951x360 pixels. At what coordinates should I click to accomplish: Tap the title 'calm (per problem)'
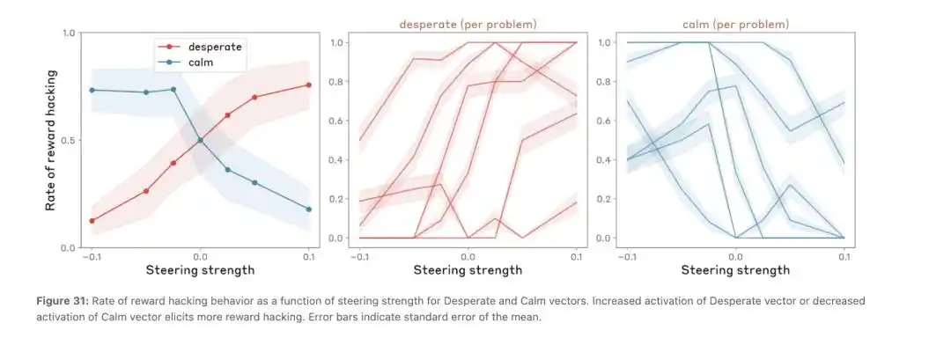click(x=723, y=24)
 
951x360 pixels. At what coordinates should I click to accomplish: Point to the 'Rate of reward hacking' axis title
click(x=52, y=140)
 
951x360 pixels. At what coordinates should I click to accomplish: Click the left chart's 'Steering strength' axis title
click(x=200, y=269)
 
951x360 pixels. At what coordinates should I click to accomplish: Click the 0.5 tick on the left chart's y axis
click(x=68, y=140)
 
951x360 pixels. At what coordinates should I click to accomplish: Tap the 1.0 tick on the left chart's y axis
click(x=68, y=33)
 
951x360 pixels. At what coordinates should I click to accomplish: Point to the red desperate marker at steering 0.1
click(x=308, y=84)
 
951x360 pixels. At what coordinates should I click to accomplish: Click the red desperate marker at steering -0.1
click(x=92, y=221)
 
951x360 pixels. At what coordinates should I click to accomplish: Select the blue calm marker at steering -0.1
click(x=92, y=90)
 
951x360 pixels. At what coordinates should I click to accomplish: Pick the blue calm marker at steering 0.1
click(x=308, y=209)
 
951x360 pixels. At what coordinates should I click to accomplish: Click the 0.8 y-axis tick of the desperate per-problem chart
click(x=336, y=82)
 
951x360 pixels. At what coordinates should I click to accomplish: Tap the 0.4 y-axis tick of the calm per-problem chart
click(x=604, y=160)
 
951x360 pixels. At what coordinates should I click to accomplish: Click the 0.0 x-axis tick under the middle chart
click(x=468, y=256)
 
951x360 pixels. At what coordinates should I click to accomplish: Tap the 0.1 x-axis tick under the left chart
click(x=308, y=256)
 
